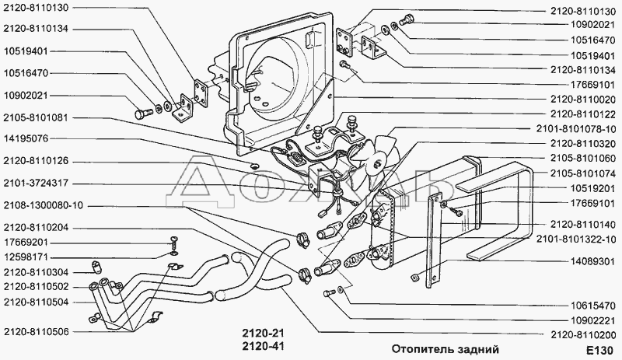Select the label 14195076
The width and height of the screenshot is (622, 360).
26,138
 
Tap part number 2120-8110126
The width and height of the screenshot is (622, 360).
36,161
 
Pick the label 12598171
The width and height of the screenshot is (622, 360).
26,257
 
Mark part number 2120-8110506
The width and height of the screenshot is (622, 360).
36,330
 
